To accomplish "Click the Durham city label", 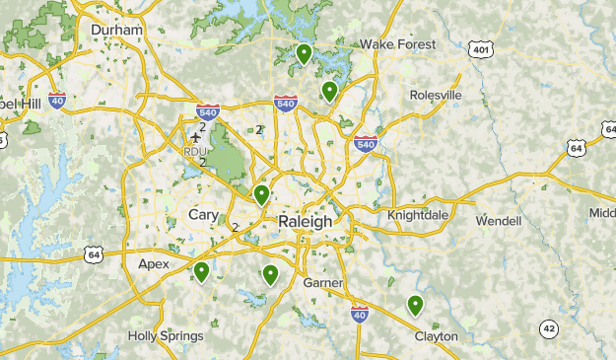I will pos(116,30).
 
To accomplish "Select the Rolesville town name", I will pos(436,95).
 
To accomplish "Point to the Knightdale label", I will pos(418,214).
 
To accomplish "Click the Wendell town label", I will pos(498,221).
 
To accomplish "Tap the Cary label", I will pos(204,215).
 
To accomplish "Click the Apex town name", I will pos(154,263).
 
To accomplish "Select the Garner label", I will pos(323,283).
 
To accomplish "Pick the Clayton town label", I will pos(436,336).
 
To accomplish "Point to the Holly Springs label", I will pos(166,336).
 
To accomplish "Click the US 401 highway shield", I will pos(480,49).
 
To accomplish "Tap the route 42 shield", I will pos(549,328).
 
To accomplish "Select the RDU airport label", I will pos(193,152).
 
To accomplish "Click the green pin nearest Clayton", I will pos(415,305).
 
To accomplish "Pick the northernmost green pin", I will pos(304,53).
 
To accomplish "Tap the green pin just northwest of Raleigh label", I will pos(261,194).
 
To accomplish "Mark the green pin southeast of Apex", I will pos(201,271).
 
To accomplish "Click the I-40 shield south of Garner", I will pos(360,313).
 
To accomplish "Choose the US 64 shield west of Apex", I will pos(94,253).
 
